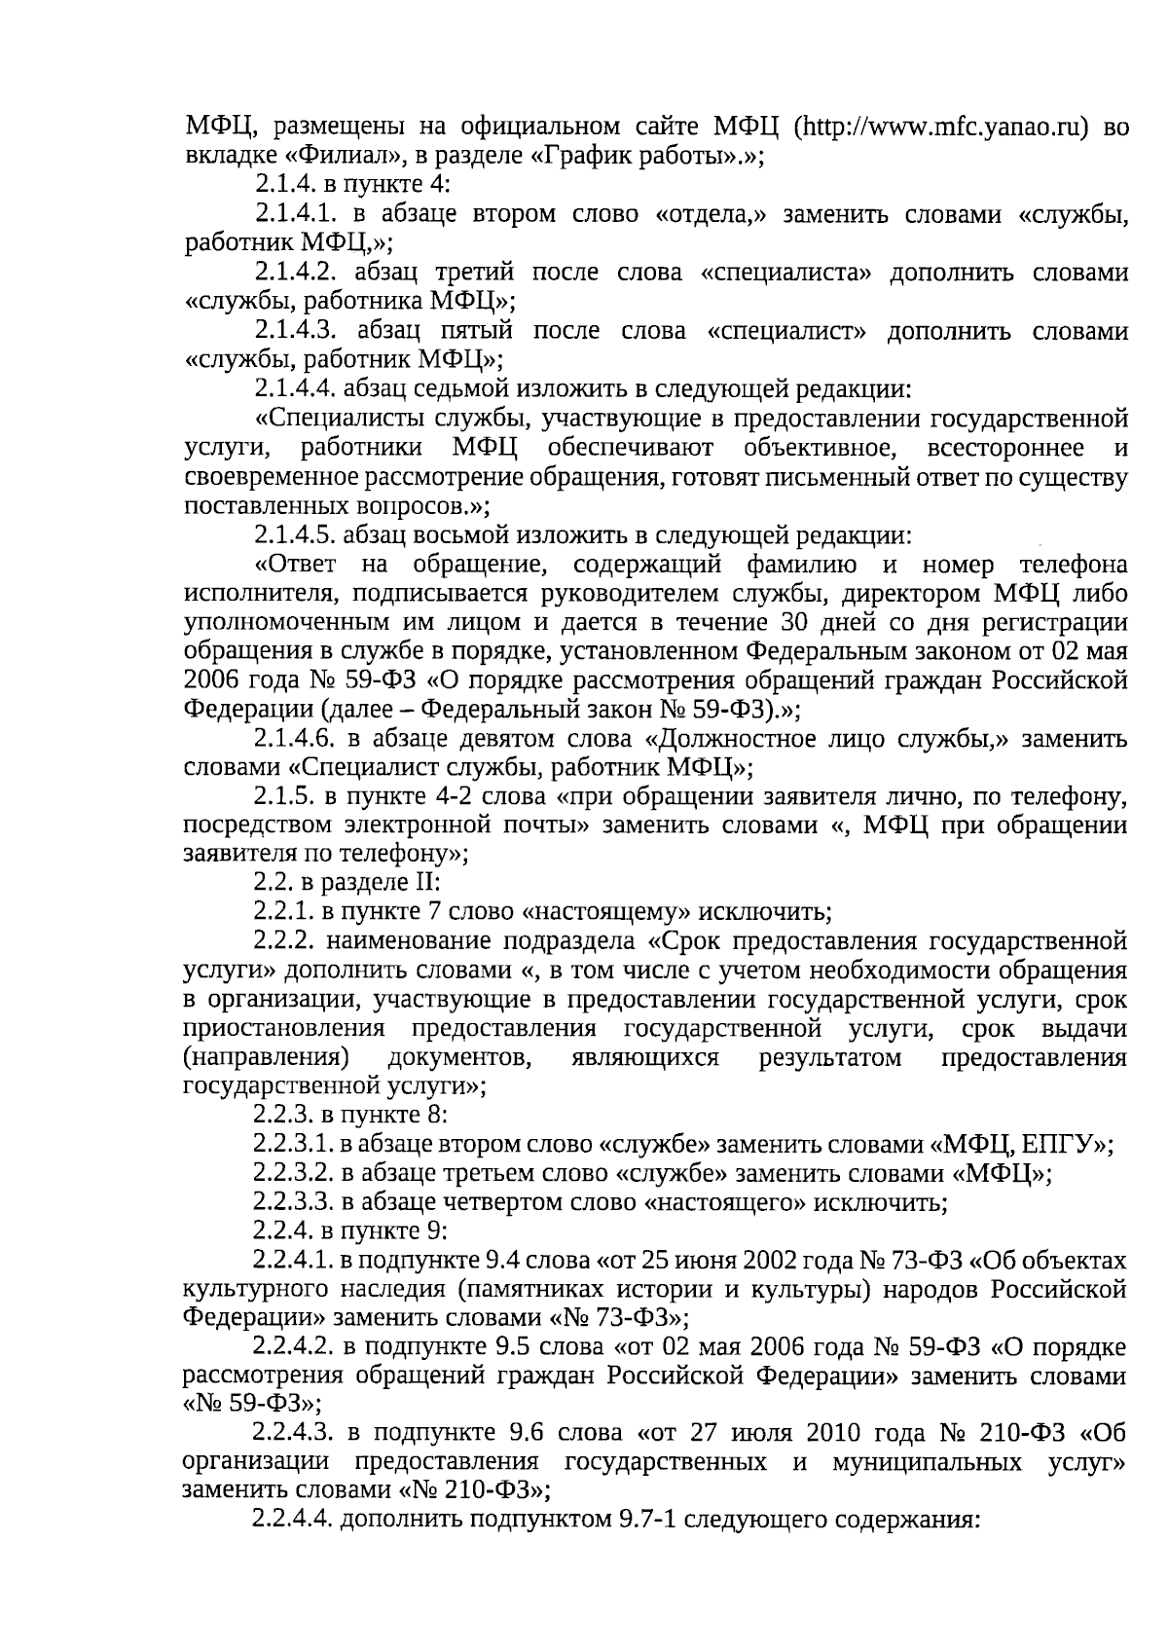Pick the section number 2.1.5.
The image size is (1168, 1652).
(282, 797)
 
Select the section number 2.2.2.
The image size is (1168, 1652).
(282, 942)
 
